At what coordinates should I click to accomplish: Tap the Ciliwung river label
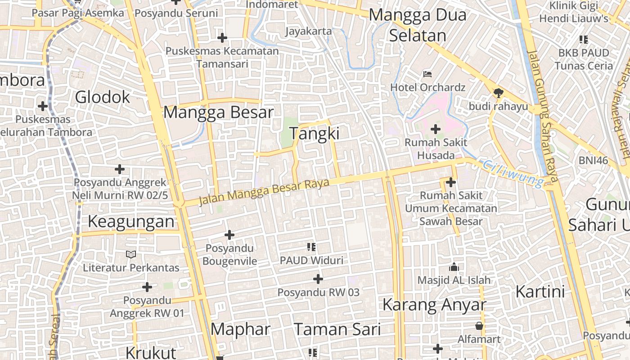pos(513,173)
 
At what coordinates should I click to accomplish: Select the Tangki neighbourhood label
pos(314,134)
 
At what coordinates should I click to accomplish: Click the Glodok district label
pos(103,97)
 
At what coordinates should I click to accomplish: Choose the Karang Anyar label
pos(434,305)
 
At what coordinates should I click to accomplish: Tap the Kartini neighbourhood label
pos(540,292)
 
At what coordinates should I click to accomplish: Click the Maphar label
pos(240,329)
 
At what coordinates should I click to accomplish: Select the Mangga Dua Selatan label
pos(418,25)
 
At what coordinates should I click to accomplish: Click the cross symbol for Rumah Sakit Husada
pos(435,130)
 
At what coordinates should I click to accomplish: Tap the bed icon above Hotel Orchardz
pos(427,74)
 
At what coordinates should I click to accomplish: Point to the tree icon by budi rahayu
pos(498,93)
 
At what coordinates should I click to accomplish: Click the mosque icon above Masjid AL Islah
pos(454,267)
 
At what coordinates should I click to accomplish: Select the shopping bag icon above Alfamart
pos(479,325)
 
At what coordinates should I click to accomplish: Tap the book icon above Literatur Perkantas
pos(131,255)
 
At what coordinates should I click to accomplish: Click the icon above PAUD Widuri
pos(311,247)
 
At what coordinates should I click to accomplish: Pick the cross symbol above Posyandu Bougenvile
pos(229,235)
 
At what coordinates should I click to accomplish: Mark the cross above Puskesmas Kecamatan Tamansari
pos(222,38)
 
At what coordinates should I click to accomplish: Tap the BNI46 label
pos(593,160)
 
